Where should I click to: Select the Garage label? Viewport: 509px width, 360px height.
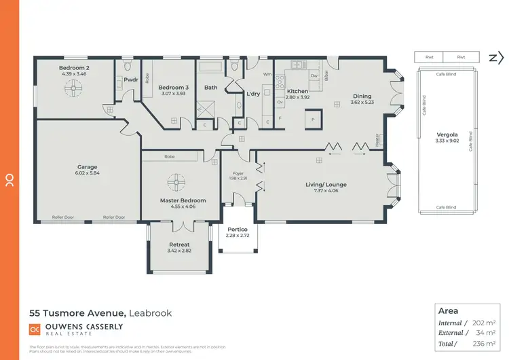(x=87, y=166)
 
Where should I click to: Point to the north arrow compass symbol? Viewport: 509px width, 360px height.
(x=492, y=58)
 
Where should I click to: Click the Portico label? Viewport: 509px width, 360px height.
(x=237, y=229)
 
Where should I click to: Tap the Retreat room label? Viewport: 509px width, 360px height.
(x=178, y=245)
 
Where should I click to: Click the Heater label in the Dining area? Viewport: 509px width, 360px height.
(x=377, y=140)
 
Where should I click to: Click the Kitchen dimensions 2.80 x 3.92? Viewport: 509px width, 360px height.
(x=297, y=97)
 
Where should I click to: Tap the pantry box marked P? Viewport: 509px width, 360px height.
(x=313, y=119)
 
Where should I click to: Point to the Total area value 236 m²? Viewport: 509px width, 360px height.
(x=485, y=344)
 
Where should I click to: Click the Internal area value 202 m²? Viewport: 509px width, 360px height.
(x=485, y=323)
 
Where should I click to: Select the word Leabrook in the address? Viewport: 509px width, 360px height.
(x=151, y=313)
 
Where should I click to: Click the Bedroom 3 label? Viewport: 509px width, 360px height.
(x=172, y=88)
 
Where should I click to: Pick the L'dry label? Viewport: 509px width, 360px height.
(x=254, y=93)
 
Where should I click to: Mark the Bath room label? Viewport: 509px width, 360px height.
(x=211, y=87)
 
